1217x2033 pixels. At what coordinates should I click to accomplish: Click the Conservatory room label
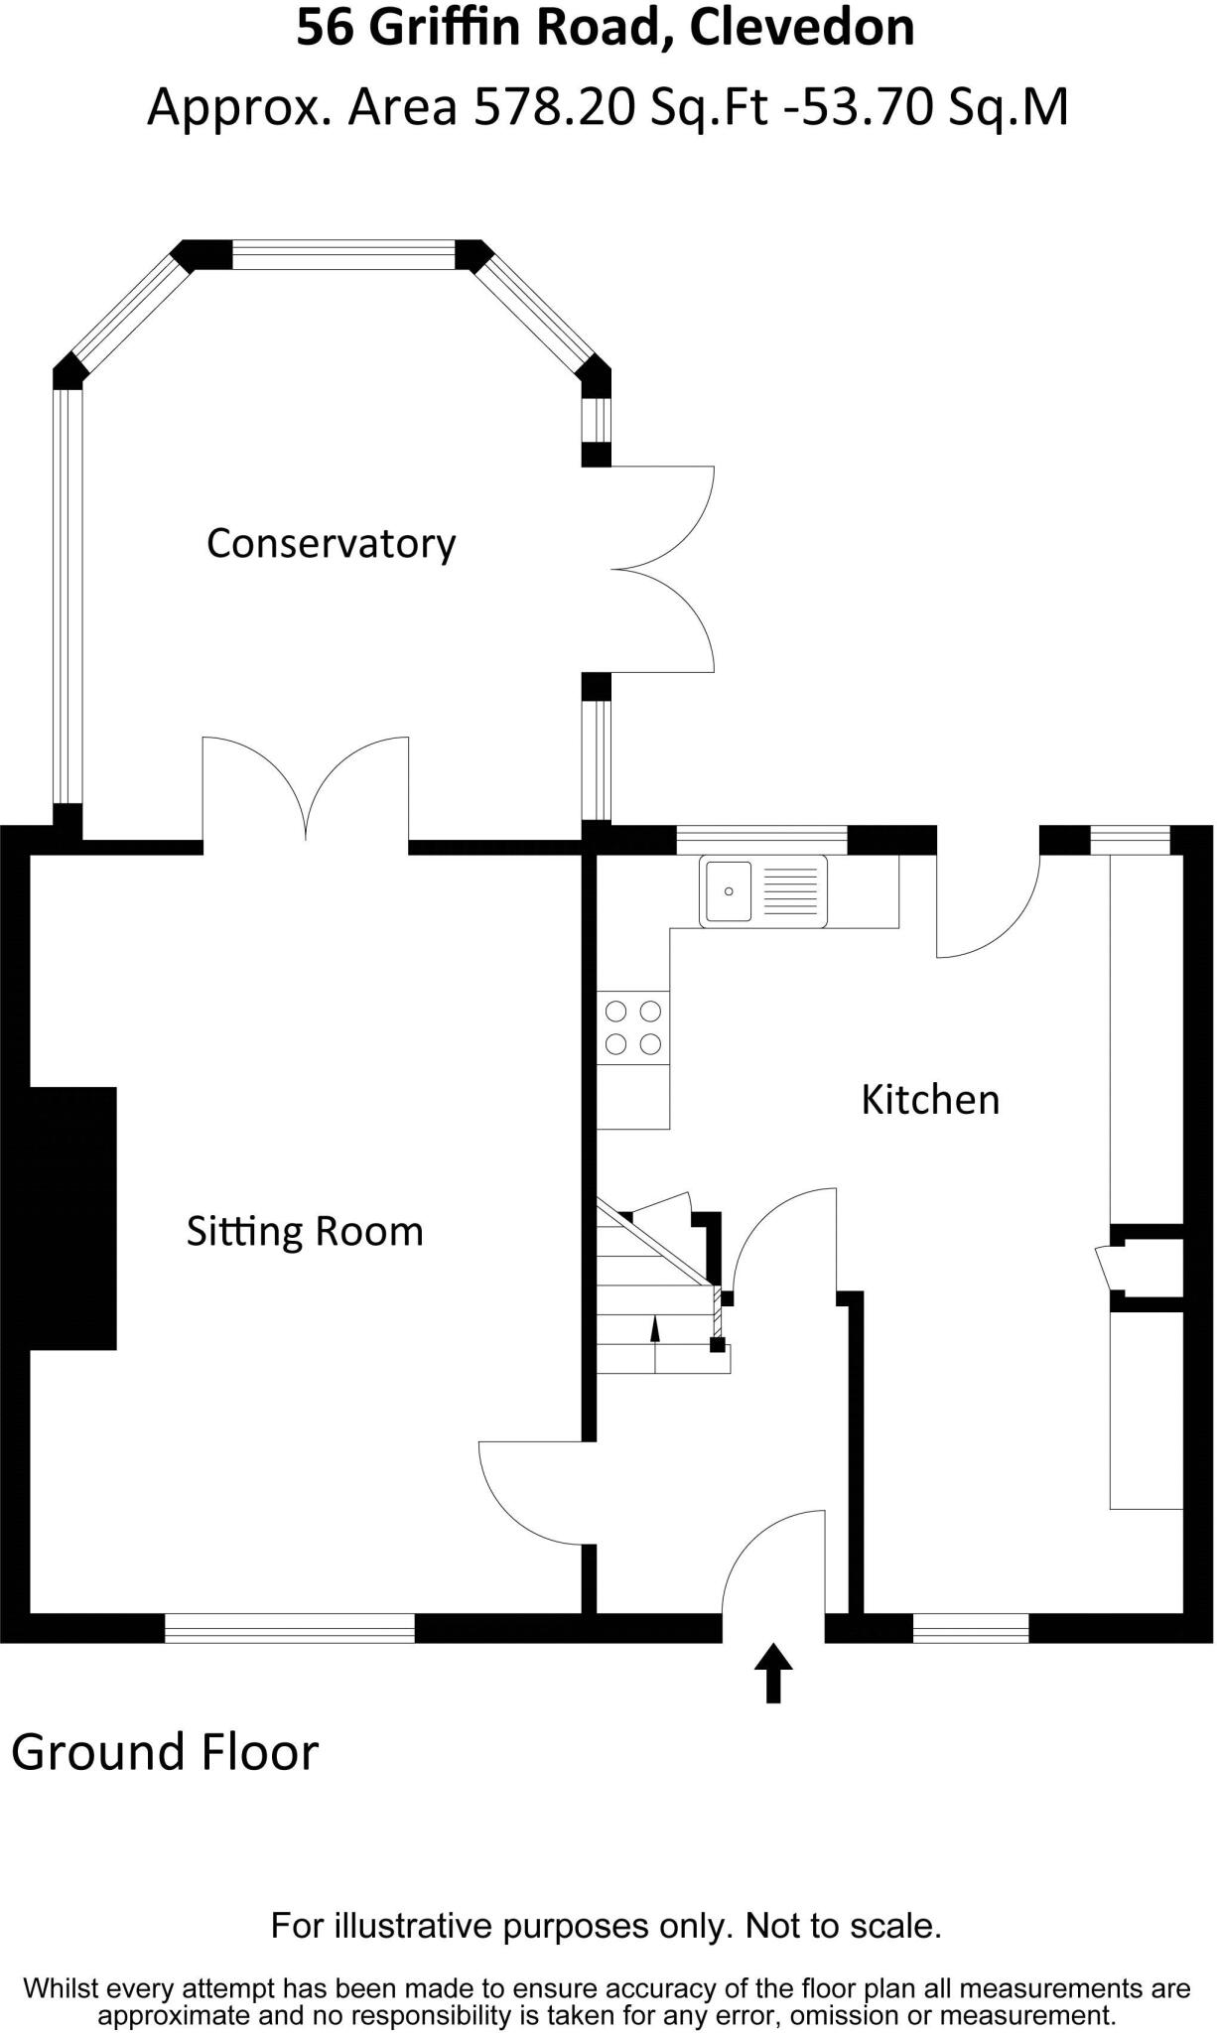point(331,544)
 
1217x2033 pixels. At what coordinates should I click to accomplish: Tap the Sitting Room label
point(305,1232)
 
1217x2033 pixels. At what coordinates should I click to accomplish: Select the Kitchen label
point(929,1100)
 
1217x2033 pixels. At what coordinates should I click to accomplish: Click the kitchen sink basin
point(729,890)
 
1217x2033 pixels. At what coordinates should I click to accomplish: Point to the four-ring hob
point(633,1027)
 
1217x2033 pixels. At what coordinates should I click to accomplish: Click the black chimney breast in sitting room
point(71,1218)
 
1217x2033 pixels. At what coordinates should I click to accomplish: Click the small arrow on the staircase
point(654,1328)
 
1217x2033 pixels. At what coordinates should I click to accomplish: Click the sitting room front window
point(289,1628)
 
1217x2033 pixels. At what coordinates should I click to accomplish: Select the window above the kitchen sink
point(761,840)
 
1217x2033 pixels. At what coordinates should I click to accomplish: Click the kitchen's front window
point(970,1628)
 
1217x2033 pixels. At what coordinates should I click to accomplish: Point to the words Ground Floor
point(165,1752)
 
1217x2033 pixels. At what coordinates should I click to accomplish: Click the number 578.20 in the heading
point(554,107)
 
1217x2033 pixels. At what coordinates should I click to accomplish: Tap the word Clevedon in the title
point(802,28)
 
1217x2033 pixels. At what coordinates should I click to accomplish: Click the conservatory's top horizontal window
point(343,255)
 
